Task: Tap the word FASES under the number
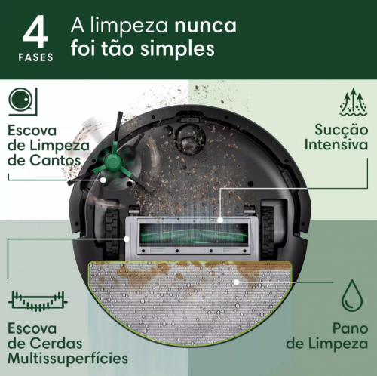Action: click(36, 58)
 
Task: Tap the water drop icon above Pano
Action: click(351, 297)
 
